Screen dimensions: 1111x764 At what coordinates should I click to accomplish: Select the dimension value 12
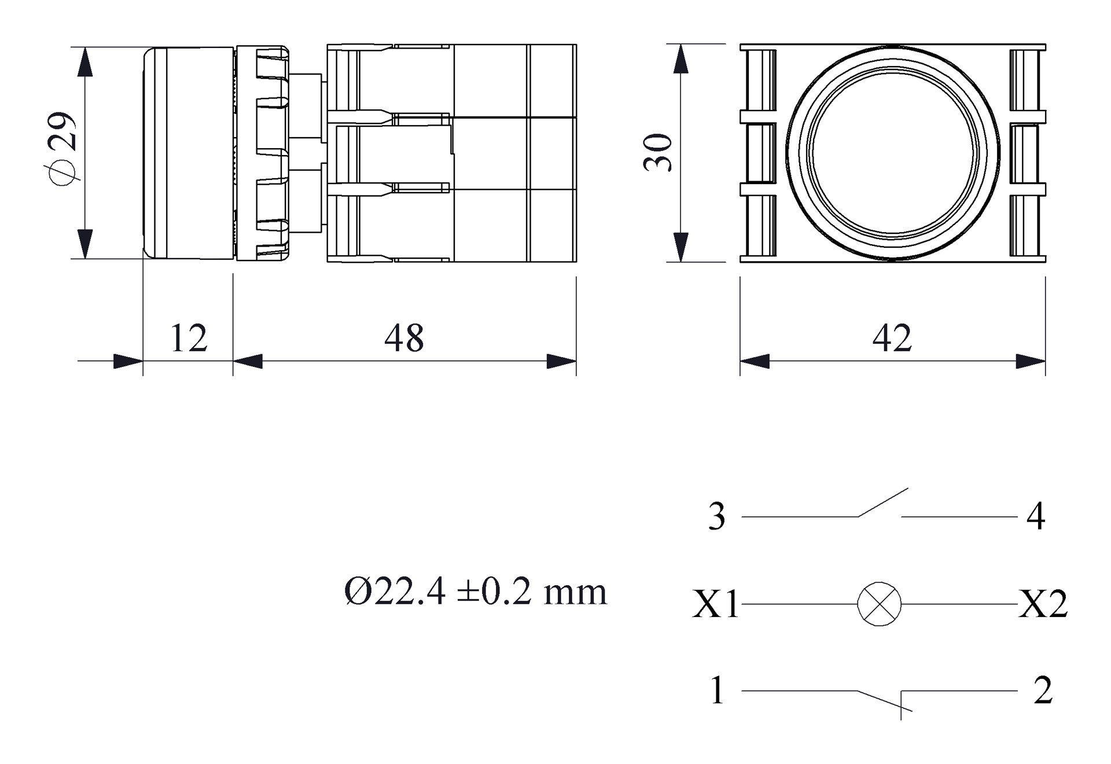coord(189,339)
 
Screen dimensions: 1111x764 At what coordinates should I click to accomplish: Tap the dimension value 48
coord(404,339)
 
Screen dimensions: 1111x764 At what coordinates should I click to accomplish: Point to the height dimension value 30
coord(658,153)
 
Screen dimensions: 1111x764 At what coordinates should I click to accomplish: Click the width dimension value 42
coord(892,339)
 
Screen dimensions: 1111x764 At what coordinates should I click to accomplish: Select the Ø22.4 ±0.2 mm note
coord(476,592)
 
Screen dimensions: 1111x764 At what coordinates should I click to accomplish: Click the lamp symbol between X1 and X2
coord(879,604)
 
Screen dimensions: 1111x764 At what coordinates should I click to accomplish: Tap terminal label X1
coord(716,605)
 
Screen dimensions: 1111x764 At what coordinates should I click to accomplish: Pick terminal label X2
coord(1043,604)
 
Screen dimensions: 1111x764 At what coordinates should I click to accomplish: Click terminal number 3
coord(717,516)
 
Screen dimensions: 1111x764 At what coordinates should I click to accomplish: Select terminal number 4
coord(1036,516)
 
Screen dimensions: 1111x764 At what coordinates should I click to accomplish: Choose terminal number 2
coord(1043,690)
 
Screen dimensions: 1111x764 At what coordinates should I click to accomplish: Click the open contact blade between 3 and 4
coord(883,502)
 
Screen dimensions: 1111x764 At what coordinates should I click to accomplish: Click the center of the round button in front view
coord(893,152)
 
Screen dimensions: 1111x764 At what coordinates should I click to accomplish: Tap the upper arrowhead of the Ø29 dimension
coord(85,61)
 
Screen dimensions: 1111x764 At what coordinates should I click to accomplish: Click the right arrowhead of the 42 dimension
coord(1031,361)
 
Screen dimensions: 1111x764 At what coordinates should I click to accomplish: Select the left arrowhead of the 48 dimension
coord(248,361)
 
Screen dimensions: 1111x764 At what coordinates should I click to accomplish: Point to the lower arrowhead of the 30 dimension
coord(682,247)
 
